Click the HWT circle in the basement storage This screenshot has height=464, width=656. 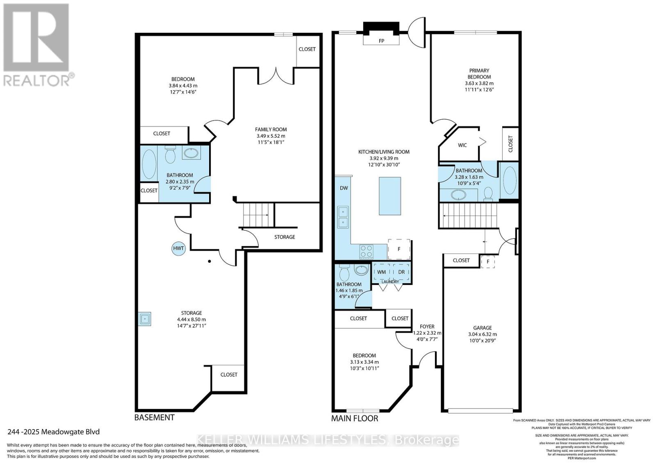(179, 248)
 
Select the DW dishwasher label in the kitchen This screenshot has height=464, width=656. (344, 188)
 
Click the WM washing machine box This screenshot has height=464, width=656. (382, 272)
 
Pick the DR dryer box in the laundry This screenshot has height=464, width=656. (401, 272)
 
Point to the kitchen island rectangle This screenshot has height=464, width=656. (389, 196)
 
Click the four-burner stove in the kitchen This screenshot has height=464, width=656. (366, 251)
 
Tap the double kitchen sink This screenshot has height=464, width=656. (342, 217)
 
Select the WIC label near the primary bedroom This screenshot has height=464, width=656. (462, 145)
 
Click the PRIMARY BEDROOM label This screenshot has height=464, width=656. (479, 74)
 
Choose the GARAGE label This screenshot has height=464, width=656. (482, 328)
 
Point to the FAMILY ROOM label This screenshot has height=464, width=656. (271, 130)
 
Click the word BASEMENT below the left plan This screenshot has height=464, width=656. (155, 418)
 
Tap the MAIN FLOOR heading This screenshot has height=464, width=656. (355, 419)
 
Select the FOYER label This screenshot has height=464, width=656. (427, 327)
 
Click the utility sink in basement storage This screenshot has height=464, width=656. (145, 318)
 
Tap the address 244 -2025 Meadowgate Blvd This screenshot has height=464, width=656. (54, 432)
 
